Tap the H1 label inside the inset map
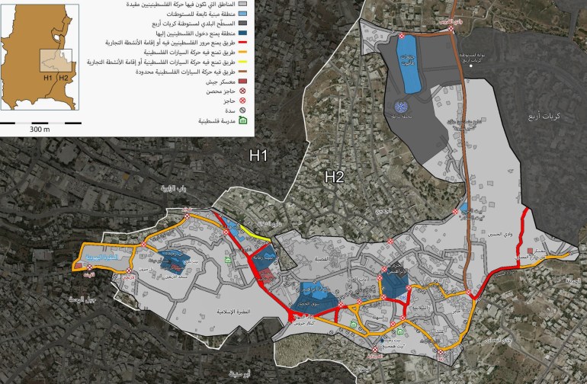click(x=48, y=78)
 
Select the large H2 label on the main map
click(x=335, y=177)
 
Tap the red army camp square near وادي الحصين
click(x=530, y=251)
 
